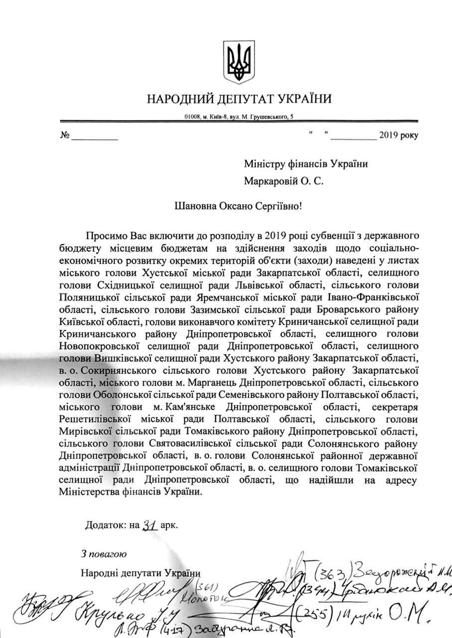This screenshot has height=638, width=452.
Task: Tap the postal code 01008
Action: [x=192, y=117]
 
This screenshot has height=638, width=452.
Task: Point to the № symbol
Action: [x=64, y=135]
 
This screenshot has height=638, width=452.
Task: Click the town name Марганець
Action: [x=218, y=382]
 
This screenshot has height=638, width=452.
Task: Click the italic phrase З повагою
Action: [x=104, y=553]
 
